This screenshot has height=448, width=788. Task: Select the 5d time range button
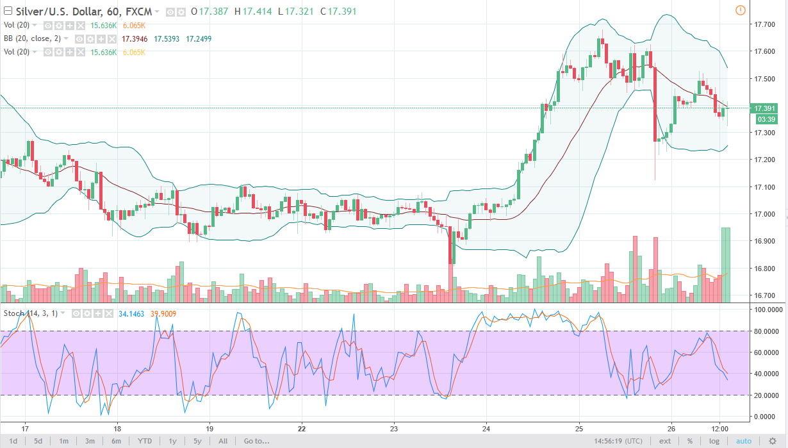[x=38, y=441]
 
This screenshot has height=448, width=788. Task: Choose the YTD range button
[x=145, y=441]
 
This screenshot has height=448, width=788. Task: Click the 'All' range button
[x=222, y=441]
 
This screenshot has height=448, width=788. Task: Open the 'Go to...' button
[x=256, y=441]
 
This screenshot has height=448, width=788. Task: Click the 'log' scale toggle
[x=714, y=441]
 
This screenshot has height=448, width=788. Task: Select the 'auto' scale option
[x=743, y=441]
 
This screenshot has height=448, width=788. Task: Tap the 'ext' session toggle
[x=666, y=441]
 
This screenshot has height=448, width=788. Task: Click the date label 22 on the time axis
[x=302, y=428]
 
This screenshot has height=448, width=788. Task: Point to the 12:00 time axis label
[x=719, y=428]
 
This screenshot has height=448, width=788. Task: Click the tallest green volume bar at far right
[x=726, y=265]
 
